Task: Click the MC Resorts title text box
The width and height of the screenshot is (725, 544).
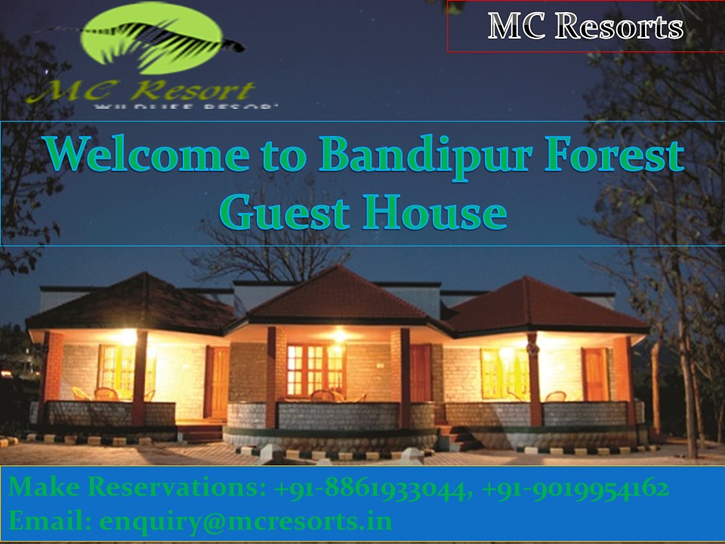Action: click(x=585, y=26)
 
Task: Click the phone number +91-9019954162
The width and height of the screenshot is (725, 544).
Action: click(x=575, y=489)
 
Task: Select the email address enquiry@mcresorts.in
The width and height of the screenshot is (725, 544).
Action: click(x=245, y=521)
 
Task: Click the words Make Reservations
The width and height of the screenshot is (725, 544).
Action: click(x=136, y=489)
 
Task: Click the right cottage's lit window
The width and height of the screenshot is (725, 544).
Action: click(x=504, y=371)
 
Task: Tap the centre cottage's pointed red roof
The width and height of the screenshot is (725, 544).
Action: click(x=338, y=292)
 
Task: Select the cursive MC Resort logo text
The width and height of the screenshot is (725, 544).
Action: click(x=140, y=91)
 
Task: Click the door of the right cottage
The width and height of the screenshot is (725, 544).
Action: click(x=595, y=374)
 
